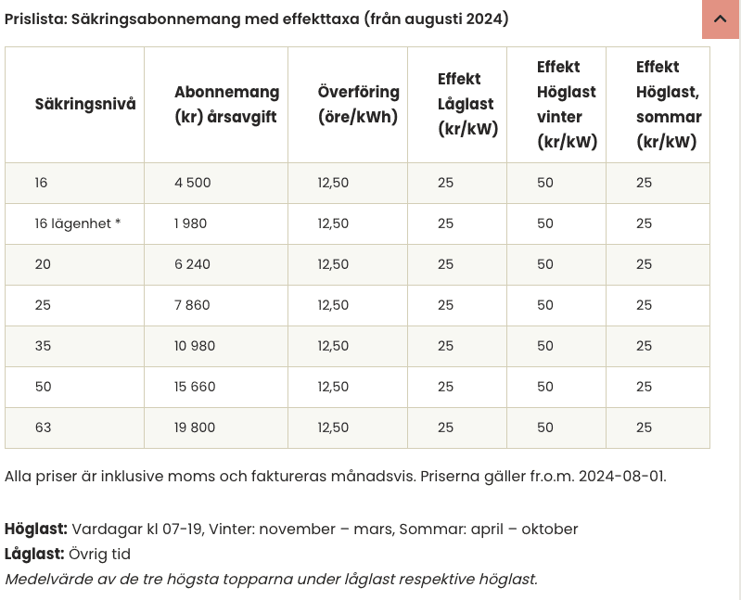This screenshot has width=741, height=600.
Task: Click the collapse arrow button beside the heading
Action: click(x=721, y=19)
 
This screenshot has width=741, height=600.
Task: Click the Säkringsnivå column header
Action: click(x=85, y=104)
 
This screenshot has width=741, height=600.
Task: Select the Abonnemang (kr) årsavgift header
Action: click(x=227, y=104)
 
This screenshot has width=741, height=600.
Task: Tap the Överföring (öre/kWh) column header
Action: click(x=359, y=104)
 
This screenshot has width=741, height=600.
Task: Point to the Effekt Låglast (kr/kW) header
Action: click(x=467, y=104)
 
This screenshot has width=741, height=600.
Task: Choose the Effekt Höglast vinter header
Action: click(x=567, y=104)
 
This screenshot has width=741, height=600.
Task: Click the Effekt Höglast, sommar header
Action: click(x=669, y=104)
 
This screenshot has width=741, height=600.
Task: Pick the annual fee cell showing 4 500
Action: click(x=192, y=183)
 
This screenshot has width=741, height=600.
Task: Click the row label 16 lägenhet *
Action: click(x=78, y=223)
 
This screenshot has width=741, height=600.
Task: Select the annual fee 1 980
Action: click(x=190, y=223)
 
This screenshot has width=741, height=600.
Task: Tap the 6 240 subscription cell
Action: click(x=192, y=264)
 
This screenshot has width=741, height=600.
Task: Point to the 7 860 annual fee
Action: click(x=192, y=305)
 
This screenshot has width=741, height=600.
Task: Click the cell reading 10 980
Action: click(x=195, y=346)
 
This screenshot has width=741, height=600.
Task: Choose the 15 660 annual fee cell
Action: click(x=195, y=387)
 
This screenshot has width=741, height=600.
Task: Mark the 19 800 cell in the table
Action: click(x=195, y=428)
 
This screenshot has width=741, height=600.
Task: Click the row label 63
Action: click(x=43, y=428)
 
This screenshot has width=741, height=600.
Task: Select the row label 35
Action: click(x=43, y=346)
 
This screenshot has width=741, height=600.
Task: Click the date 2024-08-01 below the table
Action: click(x=622, y=477)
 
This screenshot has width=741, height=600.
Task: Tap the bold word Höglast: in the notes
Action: click(x=36, y=530)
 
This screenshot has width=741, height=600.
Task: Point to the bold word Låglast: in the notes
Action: click(x=34, y=554)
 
